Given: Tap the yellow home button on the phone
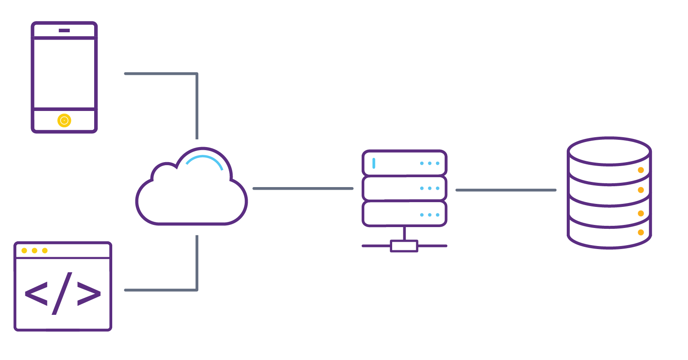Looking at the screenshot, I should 64,120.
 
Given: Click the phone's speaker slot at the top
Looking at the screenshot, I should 64,30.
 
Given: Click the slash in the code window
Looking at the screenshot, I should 62,293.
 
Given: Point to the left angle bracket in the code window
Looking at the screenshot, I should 36,294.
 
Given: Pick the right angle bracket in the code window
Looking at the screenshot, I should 89,294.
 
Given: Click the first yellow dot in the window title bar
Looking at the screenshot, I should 24,250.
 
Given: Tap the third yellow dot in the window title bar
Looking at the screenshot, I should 45,250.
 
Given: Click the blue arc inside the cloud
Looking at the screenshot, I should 206,160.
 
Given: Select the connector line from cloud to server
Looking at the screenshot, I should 303,188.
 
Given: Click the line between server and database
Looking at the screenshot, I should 506,190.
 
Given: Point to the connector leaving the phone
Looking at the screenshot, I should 161,74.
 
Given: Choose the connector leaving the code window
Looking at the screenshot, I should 161,290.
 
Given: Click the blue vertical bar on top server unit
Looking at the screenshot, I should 374,163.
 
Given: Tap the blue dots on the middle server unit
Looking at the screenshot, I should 430,188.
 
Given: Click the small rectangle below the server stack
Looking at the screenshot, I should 404,246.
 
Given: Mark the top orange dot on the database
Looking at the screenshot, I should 641,170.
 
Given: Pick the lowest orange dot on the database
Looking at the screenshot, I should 641,232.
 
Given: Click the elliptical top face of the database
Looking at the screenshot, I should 609,151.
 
